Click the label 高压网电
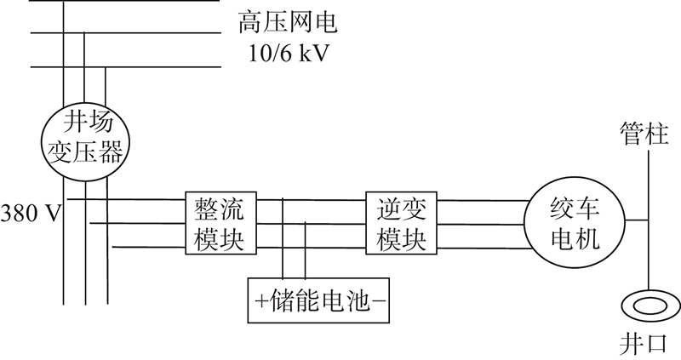coord(288,23)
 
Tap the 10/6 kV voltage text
coord(288,54)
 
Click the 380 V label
coord(31,214)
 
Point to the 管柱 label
coord(644,134)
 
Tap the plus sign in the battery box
coord(261,300)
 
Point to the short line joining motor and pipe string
coord(637,220)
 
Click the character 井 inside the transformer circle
coord(76,121)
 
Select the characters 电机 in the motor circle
coord(575,239)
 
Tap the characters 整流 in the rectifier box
coord(219,209)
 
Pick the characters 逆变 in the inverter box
coord(401,209)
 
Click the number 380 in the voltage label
coord(19,214)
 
